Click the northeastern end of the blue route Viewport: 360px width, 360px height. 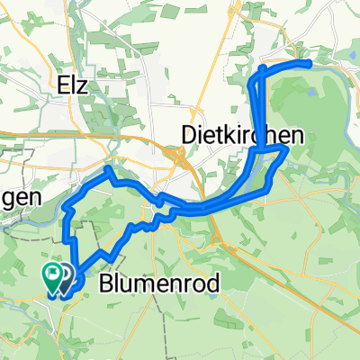[x=310, y=63]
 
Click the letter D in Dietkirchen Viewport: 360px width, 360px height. [x=177, y=135]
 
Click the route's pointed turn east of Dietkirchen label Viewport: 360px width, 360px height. [x=286, y=150]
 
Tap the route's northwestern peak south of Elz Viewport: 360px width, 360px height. [x=108, y=168]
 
